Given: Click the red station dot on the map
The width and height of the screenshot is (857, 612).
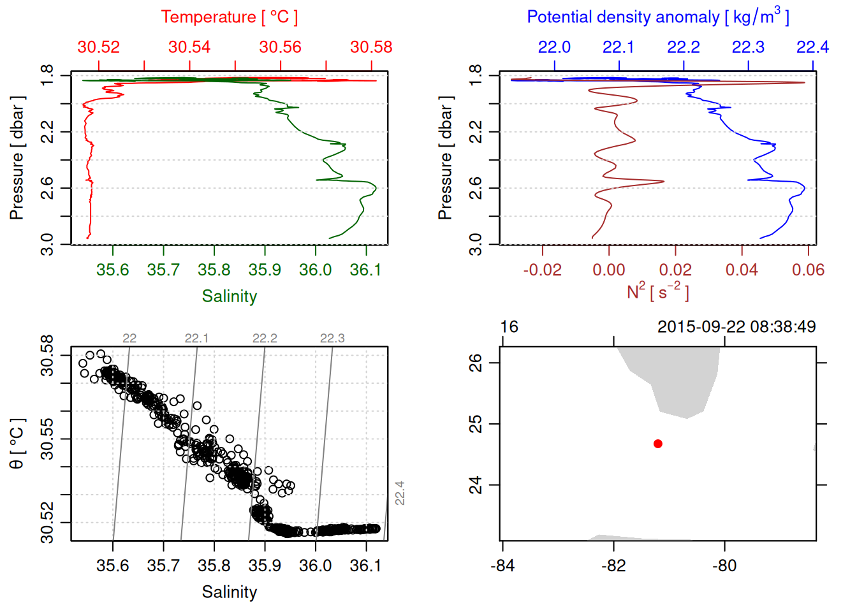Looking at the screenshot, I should click(657, 444).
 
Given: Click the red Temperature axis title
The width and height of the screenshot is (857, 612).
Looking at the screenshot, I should click(229, 17).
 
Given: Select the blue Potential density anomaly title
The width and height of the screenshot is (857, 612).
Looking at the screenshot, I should click(657, 17).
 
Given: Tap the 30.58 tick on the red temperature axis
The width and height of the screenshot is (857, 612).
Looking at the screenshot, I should click(371, 47).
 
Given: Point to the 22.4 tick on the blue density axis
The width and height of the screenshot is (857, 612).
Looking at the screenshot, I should click(812, 47).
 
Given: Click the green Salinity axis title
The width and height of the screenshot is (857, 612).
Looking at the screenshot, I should click(229, 296).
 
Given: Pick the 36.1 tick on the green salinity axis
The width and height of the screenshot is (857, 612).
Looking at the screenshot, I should click(365, 270).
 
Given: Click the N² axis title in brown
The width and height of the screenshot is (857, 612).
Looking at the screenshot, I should click(657, 292).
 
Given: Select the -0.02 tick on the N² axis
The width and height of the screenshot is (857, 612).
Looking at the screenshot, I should click(543, 270).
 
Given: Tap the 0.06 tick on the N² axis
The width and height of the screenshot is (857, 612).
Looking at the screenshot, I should click(808, 270).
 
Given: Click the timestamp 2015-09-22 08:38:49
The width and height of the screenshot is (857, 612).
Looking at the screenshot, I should click(736, 327).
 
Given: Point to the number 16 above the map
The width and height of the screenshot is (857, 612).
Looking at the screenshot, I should click(509, 327).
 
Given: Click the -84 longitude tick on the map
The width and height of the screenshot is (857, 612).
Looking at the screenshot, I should click(502, 565).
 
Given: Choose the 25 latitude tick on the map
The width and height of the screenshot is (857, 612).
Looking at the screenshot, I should click(476, 424).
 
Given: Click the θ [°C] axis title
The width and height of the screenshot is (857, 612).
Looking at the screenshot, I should click(17, 444).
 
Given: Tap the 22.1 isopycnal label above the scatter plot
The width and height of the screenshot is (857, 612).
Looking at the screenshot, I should click(196, 339).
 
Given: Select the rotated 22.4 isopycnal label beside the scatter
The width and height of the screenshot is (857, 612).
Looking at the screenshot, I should click(400, 493).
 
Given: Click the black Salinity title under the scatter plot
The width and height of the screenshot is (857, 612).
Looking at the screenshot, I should click(229, 592).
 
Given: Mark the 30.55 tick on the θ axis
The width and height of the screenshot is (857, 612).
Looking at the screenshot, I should click(47, 439).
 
